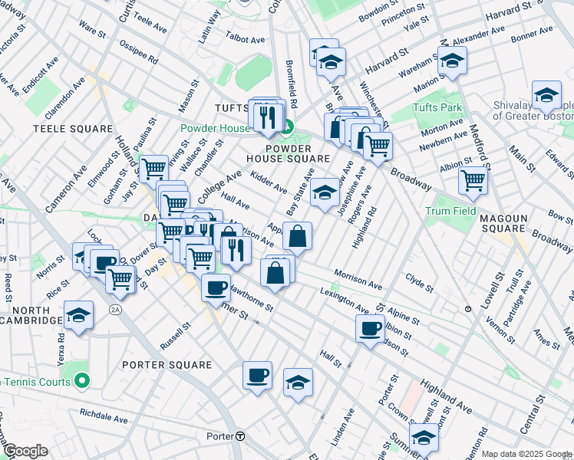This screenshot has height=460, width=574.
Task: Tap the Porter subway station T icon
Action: pos(240,436)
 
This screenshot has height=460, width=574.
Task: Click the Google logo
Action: pos(25,451)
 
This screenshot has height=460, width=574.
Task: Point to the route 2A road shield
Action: pos(115,309)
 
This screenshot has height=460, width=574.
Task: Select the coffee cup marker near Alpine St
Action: pos(370,327)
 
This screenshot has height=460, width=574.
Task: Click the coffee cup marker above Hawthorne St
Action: pos(216,287)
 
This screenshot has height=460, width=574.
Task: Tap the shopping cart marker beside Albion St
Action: pos(473,180)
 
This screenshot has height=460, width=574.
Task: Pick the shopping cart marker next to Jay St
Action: pos(153,166)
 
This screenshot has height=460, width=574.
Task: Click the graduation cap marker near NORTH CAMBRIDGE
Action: pos(78,315)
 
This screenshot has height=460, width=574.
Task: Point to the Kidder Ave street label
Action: pos(269,183)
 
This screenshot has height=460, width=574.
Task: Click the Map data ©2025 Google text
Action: pos(526,454)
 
